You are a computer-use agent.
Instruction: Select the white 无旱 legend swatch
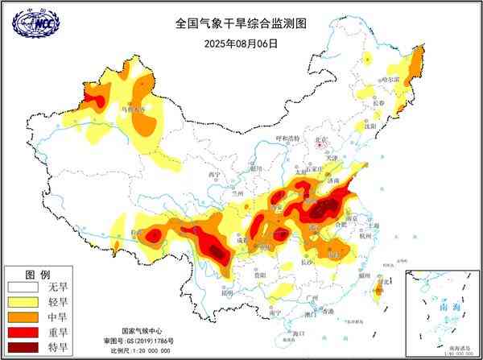pyautogui.click(x=23, y=287)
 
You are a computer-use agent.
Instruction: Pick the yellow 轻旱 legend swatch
pyautogui.click(x=23, y=302)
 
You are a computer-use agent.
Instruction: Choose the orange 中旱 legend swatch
pyautogui.click(x=23, y=317)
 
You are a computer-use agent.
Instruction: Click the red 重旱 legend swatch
pyautogui.click(x=23, y=333)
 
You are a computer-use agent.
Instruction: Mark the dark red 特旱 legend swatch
pyautogui.click(x=23, y=348)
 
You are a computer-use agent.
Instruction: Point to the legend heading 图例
pyautogui.click(x=39, y=273)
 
